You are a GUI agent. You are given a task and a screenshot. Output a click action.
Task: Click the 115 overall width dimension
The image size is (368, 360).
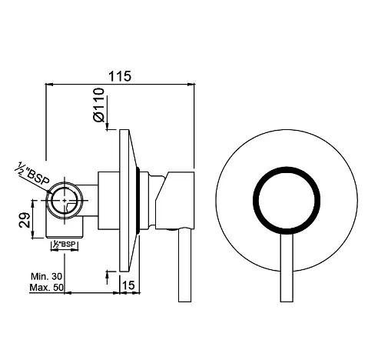(120, 76)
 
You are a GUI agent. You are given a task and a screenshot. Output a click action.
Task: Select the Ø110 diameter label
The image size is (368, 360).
(99, 105)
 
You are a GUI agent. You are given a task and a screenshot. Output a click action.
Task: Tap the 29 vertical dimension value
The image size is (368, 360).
(25, 219)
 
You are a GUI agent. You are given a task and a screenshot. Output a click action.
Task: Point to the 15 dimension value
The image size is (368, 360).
(128, 285)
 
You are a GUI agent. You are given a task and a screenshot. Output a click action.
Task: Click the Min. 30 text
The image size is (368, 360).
(46, 276)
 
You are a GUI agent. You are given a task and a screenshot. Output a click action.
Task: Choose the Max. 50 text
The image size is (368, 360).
(46, 287)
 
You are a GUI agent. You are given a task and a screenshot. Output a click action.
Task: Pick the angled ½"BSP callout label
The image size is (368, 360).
(33, 175)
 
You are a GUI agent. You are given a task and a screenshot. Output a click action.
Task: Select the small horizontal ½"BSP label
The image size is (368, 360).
(65, 244)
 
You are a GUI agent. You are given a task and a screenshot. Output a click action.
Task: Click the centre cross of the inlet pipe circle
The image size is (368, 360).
(65, 200)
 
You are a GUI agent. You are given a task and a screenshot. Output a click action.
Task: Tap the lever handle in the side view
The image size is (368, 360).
(184, 265)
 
